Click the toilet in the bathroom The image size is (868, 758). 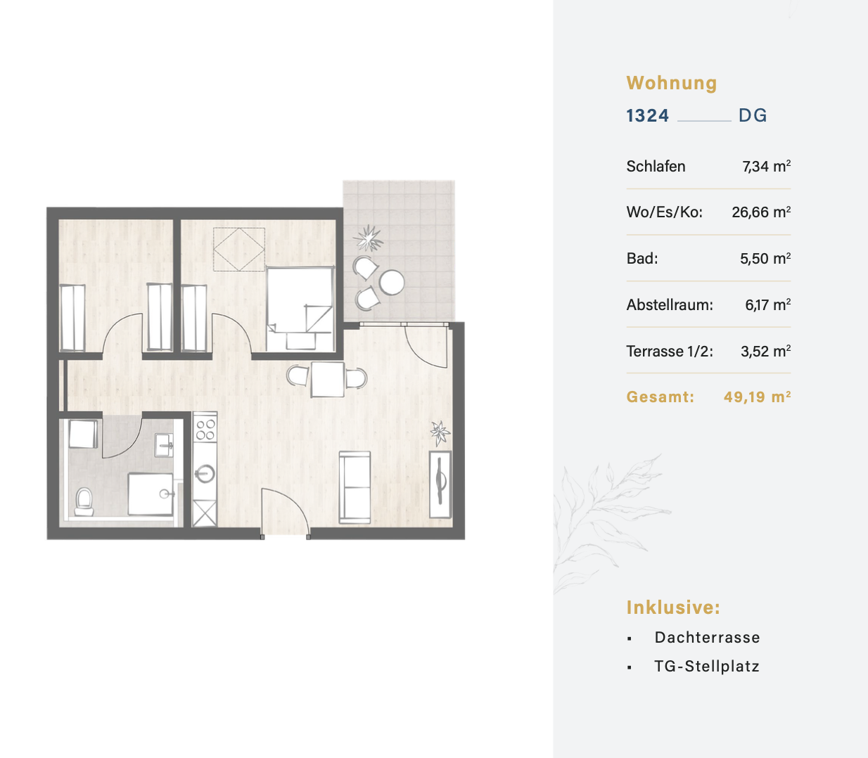[84, 501]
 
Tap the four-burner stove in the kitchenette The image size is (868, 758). [205, 430]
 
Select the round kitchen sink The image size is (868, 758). [205, 474]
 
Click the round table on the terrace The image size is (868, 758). [392, 283]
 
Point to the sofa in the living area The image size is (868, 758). [355, 487]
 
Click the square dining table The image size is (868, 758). [328, 379]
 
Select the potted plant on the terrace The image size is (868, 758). [369, 238]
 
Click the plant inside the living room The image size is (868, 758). [440, 433]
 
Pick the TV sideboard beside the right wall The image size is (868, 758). [440, 484]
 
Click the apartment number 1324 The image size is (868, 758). [647, 116]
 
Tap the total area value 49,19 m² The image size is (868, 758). [758, 397]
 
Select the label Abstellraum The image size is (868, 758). [670, 304]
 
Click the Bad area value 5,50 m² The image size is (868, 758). [765, 258]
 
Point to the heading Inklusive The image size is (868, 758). [673, 608]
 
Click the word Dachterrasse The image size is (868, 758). [707, 638]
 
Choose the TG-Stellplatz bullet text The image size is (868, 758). [707, 667]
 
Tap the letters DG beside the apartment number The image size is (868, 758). [753, 116]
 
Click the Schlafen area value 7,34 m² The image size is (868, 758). [767, 166]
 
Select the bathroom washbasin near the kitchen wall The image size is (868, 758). [164, 444]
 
